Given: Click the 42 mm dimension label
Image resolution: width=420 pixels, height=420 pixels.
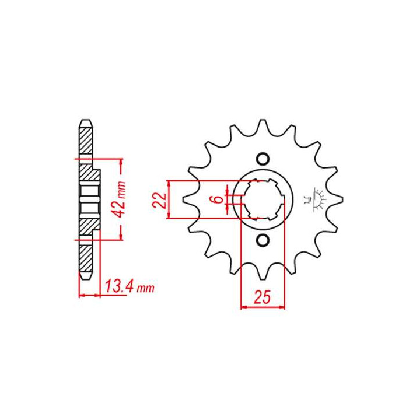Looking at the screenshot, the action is tap(121, 195).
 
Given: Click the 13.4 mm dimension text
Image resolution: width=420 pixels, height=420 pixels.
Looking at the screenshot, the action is tap(129, 286).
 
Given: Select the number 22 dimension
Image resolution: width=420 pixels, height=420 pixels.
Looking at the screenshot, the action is tap(160, 200).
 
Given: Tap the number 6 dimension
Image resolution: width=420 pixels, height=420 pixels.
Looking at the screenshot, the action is tap(219, 199).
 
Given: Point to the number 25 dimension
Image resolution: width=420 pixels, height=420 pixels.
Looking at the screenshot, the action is tap(262, 297).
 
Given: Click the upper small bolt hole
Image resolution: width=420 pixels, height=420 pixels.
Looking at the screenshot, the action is tap(262, 159).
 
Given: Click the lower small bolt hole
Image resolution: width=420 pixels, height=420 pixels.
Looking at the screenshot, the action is tap(262, 240).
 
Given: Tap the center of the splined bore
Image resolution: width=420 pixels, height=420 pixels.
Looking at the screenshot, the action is tap(262, 199).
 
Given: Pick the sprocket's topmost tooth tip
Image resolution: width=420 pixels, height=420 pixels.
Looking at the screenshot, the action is tap(262, 121).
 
